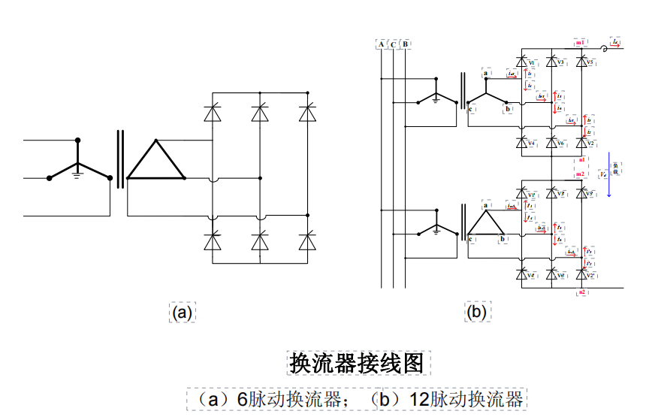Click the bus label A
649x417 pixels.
click(382, 44)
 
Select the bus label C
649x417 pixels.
click(394, 44)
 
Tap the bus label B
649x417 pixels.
click(406, 44)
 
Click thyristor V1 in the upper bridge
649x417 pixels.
click(521, 62)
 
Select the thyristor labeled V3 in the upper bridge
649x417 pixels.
click(552, 62)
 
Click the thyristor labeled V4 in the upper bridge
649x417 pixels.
click(521, 142)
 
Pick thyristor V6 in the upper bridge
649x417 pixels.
click(552, 142)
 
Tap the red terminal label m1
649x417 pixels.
click(580, 44)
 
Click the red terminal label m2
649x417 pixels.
click(580, 174)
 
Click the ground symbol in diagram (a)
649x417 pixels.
click(77, 174)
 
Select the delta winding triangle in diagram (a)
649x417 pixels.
click(155, 162)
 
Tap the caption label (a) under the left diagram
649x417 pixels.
click(182, 313)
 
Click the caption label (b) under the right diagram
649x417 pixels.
click(476, 313)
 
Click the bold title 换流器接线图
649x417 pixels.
click(360, 363)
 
